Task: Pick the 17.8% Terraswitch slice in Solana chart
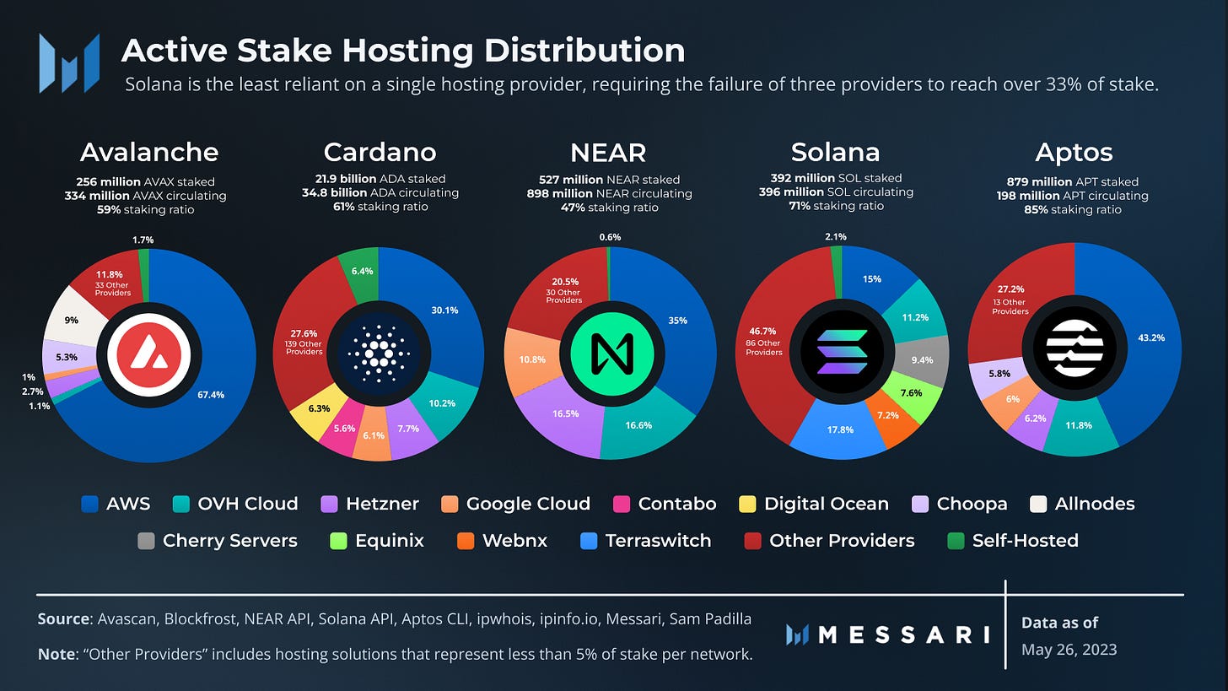tap(840, 428)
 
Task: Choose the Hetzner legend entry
tap(370, 504)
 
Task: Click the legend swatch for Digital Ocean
tap(746, 505)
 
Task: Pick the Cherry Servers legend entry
tap(218, 540)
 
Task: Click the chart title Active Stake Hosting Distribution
tap(402, 51)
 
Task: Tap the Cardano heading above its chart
tap(380, 152)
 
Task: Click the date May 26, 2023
tap(1069, 649)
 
